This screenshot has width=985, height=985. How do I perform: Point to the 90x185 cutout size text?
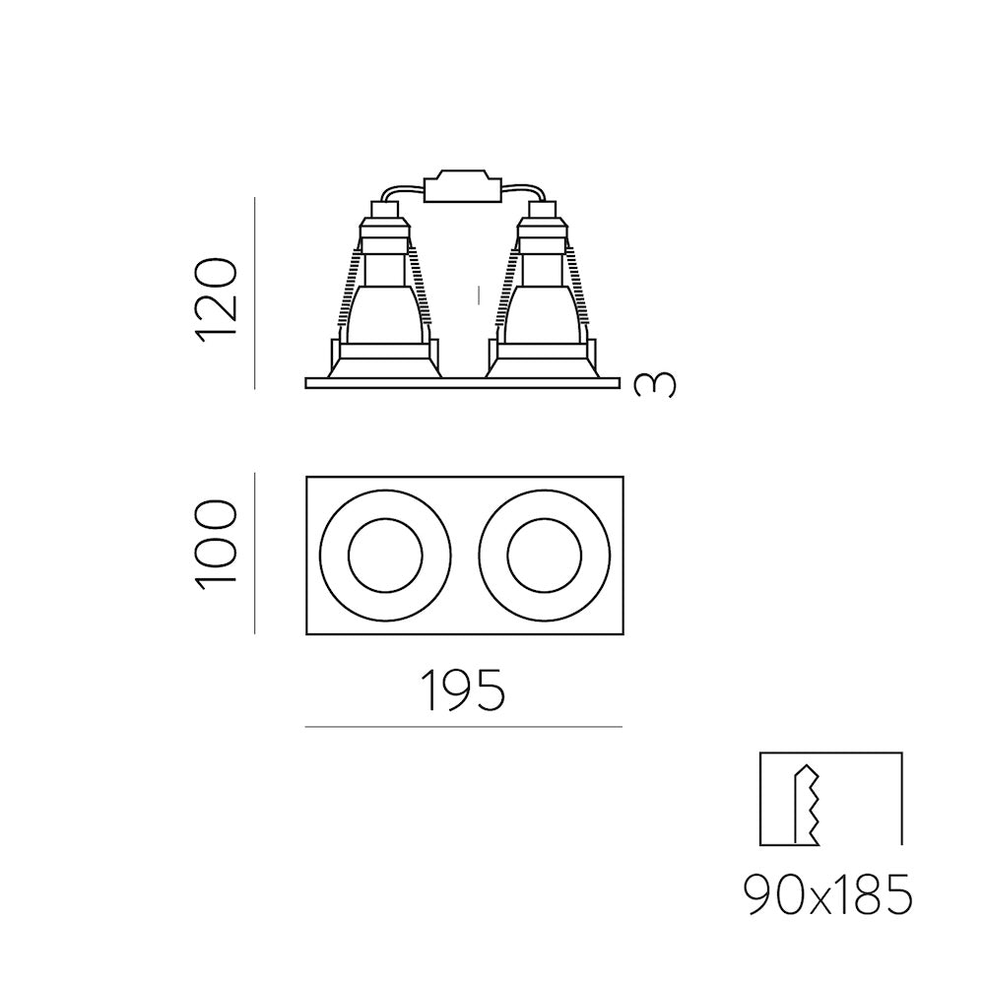coord(828,896)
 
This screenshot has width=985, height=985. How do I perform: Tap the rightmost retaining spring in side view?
coord(584,291)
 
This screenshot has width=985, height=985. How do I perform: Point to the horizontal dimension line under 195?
coord(464,727)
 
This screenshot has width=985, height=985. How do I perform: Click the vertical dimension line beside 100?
coord(255,554)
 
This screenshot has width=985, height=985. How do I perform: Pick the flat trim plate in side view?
coord(462,382)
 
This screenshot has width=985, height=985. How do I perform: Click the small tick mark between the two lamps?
coord(479,294)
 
